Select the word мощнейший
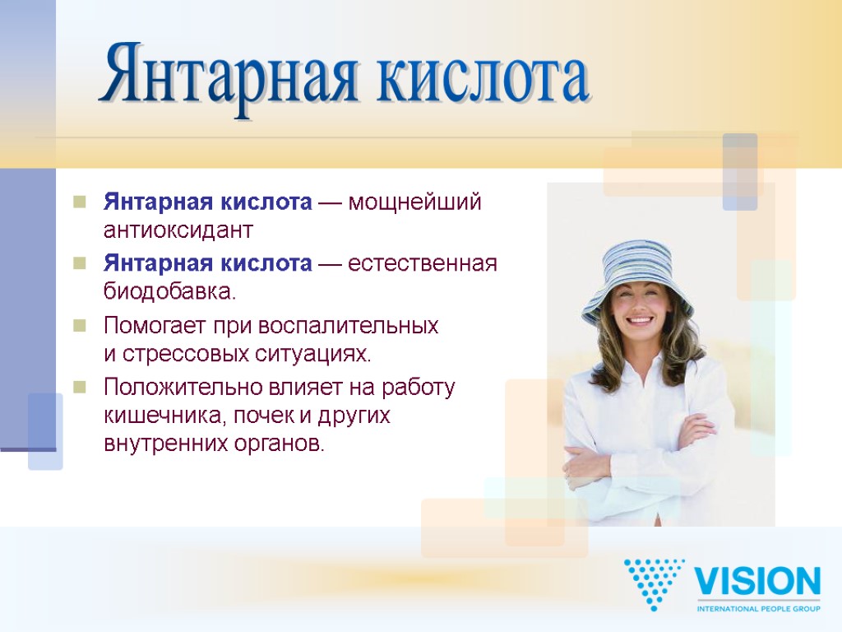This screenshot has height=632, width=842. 414,202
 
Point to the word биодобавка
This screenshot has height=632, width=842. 169,290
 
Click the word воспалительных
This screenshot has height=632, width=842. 349,326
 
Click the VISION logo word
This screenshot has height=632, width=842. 757,583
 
